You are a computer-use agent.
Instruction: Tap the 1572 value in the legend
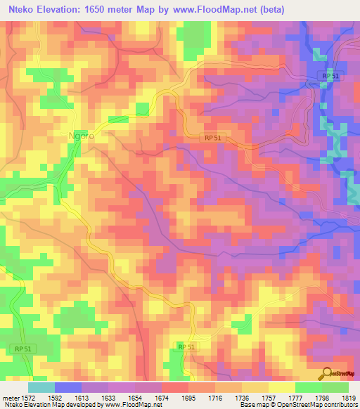tap(29, 398)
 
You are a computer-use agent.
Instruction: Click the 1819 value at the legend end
tap(347, 398)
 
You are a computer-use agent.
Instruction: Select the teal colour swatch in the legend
tap(41, 387)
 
